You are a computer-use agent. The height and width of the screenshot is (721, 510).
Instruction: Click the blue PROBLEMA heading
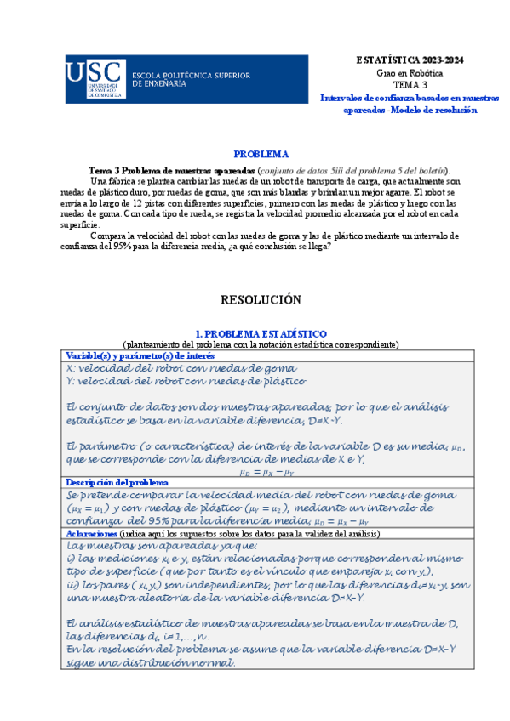tap(261, 154)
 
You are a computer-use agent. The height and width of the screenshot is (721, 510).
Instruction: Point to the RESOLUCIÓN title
tap(261, 299)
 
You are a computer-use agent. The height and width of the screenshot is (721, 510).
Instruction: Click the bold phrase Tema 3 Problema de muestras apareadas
tap(171, 169)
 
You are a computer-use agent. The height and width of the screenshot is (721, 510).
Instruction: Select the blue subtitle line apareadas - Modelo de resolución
tap(410, 110)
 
